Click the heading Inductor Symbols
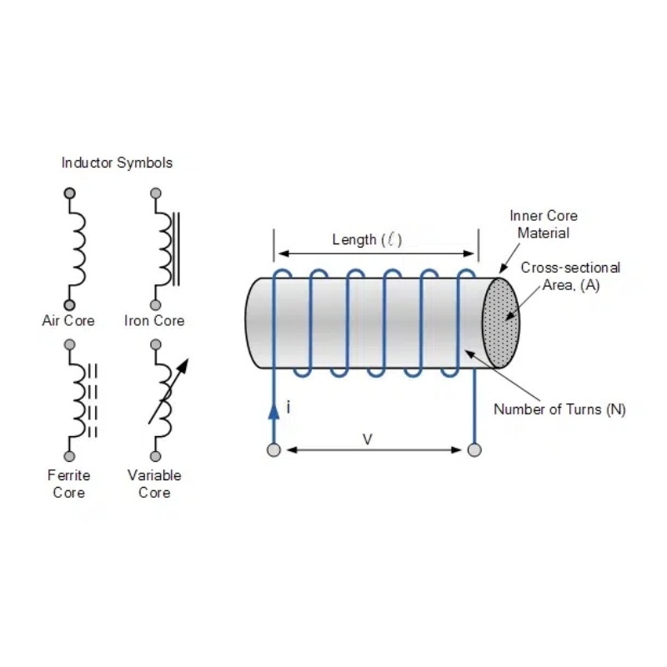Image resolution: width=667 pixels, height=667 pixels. pos(117,163)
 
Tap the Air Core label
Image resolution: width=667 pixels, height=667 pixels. pos(68,321)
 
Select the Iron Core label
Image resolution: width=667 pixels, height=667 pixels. pos(154,321)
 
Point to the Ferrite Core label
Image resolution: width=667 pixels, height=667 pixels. pos(69,484)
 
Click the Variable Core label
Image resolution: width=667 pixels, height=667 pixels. pos(154,484)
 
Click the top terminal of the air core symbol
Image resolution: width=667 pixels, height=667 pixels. pos(70,193)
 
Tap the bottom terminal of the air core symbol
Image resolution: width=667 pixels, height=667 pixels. pos(70,305)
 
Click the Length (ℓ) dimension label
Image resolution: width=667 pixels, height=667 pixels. pos(367,240)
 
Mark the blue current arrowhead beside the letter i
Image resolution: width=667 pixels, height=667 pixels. pos(273,410)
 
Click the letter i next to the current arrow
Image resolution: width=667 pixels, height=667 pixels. pos(288,408)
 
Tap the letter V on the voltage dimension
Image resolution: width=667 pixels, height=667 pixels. pos(367,439)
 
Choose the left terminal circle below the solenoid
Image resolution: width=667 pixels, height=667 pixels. pos(273,450)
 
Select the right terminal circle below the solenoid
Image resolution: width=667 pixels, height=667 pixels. pos(474,450)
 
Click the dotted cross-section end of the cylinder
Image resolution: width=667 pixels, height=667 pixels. pos(500,323)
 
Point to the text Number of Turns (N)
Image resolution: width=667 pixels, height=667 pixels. pos(559,409)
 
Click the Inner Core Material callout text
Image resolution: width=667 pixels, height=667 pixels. pos(544,224)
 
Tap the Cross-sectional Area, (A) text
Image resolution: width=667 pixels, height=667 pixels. pos(570,276)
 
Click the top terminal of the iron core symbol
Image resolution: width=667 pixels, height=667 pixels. pos(155,193)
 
